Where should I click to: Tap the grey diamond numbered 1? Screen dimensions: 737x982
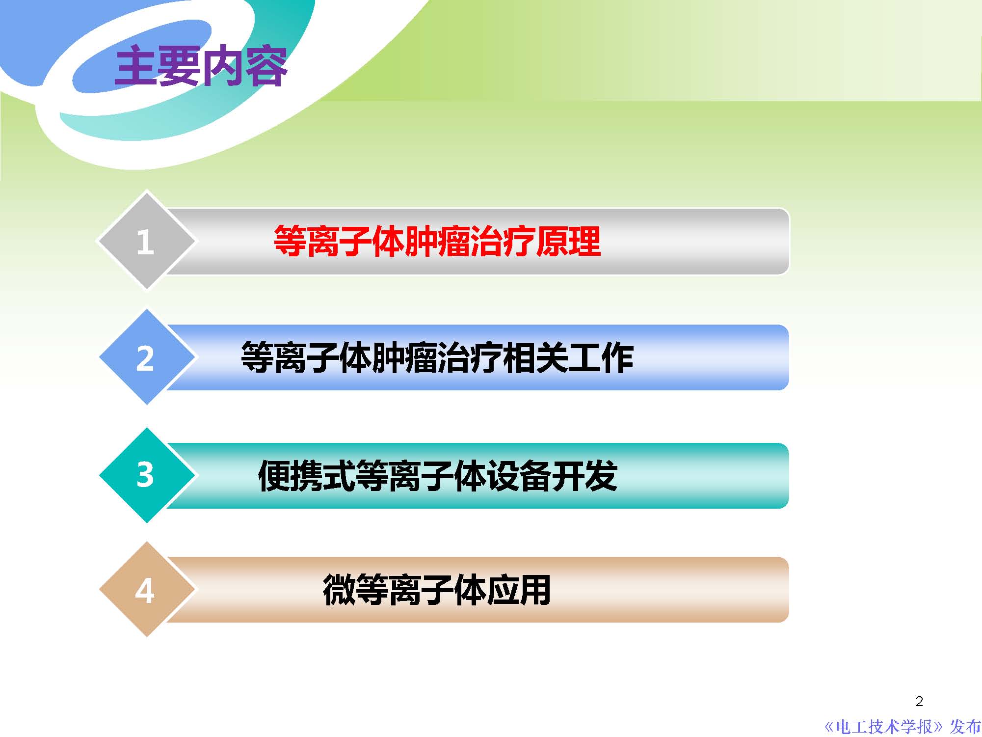[146, 241]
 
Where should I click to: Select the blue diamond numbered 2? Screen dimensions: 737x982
[146, 357]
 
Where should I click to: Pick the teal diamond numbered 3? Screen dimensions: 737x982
[146, 475]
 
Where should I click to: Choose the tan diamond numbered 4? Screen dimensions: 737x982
[146, 590]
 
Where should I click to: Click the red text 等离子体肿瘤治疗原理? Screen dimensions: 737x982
[437, 241]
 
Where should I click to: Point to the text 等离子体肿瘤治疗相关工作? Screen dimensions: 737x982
[437, 357]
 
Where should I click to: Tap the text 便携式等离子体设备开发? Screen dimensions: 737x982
[437, 475]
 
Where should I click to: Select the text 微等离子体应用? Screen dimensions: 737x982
[437, 590]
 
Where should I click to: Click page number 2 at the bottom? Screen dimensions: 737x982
[919, 701]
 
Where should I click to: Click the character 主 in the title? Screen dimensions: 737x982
[135, 66]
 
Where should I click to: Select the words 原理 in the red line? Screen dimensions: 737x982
[568, 241]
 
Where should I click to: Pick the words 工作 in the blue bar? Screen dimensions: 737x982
[601, 357]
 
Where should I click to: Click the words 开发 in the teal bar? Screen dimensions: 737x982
[584, 475]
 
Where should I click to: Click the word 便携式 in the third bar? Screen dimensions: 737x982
[306, 475]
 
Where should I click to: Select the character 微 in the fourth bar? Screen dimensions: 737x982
[339, 590]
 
